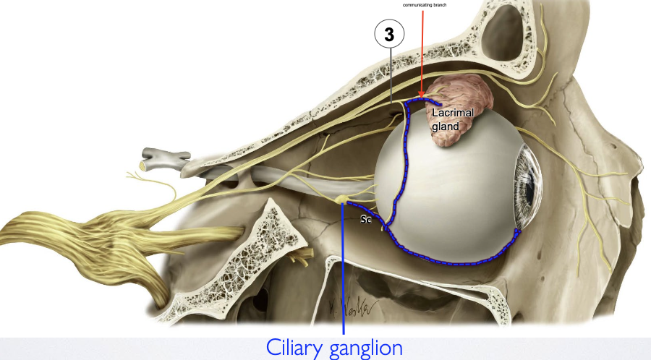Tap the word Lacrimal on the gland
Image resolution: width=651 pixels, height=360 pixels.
pos(453,113)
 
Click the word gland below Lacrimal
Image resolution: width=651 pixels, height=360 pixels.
pos(445,127)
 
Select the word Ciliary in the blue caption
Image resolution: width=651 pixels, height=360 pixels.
pos(299,348)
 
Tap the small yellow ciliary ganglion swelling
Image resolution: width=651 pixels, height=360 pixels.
pos(342,198)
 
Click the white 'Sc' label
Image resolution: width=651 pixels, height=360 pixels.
pos(366,220)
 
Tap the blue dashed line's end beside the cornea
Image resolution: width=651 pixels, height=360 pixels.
pos(518,231)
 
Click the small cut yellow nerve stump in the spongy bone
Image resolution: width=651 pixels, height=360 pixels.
pos(296,257)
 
